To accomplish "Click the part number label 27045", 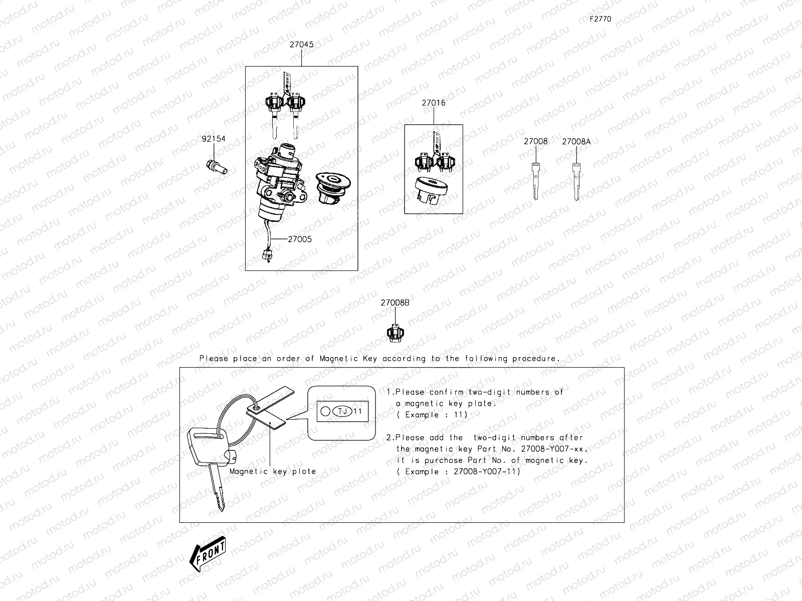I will (x=301, y=45).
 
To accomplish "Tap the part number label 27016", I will (x=433, y=103).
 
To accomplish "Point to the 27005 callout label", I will (x=299, y=239).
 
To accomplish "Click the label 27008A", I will (x=576, y=142).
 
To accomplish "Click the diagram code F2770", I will (x=600, y=19).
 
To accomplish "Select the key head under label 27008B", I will (x=394, y=333).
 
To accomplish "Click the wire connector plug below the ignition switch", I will (x=266, y=255).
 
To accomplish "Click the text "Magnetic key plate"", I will (x=273, y=471).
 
